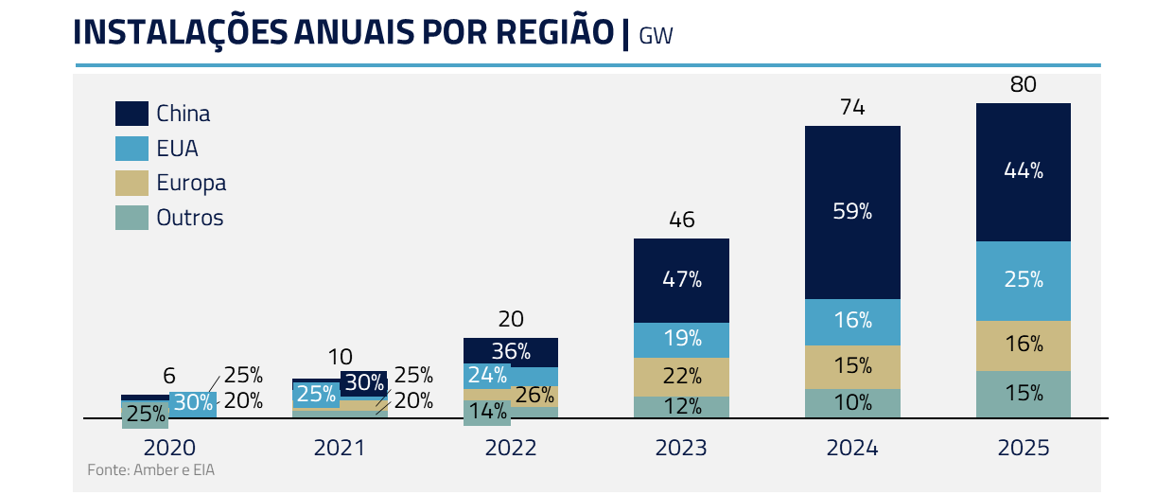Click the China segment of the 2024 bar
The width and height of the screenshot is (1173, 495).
point(852,212)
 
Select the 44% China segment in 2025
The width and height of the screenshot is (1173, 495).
point(1024,171)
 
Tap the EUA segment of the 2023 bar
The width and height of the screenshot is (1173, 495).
point(681,339)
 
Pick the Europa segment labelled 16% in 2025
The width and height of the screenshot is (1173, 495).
point(1024,345)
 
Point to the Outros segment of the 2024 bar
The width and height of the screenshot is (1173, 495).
point(852,403)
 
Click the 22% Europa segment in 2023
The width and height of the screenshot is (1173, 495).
point(681,376)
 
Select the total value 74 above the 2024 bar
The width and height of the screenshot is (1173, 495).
point(852,108)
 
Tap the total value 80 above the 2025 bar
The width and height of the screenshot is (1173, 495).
point(1024,84)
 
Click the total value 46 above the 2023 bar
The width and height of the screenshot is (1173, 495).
point(681,221)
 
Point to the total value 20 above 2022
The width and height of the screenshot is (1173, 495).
point(510,319)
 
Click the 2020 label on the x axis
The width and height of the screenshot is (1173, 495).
point(168,448)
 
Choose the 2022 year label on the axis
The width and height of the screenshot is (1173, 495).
point(510,448)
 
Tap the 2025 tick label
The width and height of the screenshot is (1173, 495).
point(1024,448)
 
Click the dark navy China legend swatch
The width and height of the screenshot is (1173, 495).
point(131,114)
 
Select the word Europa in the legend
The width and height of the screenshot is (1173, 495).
point(191,184)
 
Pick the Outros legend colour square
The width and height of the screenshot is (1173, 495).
point(131,218)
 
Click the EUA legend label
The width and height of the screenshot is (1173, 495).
point(177,149)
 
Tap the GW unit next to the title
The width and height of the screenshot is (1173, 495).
point(656,36)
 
